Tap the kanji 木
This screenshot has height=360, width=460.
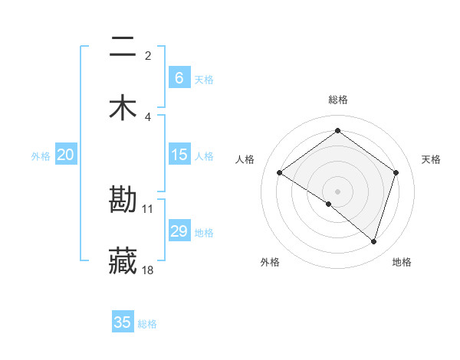pyautogui.click(x=123, y=107)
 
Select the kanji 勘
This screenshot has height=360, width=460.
pyautogui.click(x=123, y=200)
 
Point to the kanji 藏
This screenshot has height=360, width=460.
pyautogui.click(x=123, y=260)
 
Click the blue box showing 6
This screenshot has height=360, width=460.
pyautogui.click(x=179, y=77)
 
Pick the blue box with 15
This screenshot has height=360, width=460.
pyautogui.click(x=179, y=155)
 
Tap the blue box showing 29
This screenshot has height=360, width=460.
pyautogui.click(x=179, y=231)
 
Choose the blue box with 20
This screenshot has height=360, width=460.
pyautogui.click(x=66, y=155)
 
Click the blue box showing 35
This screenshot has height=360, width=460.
pyautogui.click(x=123, y=322)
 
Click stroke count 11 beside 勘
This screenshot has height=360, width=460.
pyautogui.click(x=149, y=208)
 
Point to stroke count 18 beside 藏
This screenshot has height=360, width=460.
pyautogui.click(x=149, y=270)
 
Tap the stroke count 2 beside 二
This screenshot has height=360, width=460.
pyautogui.click(x=148, y=56)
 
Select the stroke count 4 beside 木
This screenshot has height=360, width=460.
pyautogui.click(x=148, y=116)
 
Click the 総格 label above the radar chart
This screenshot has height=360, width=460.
pyautogui.click(x=338, y=100)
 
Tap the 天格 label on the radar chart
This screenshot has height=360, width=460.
pyautogui.click(x=431, y=159)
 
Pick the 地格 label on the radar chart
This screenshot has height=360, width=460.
pyautogui.click(x=402, y=262)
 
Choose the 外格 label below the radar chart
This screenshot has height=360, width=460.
pyautogui.click(x=270, y=262)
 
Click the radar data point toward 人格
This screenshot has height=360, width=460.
pyautogui.click(x=280, y=173)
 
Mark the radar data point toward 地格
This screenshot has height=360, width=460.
pyautogui.click(x=374, y=241)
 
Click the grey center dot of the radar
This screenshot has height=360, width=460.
pyautogui.click(x=337, y=191)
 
